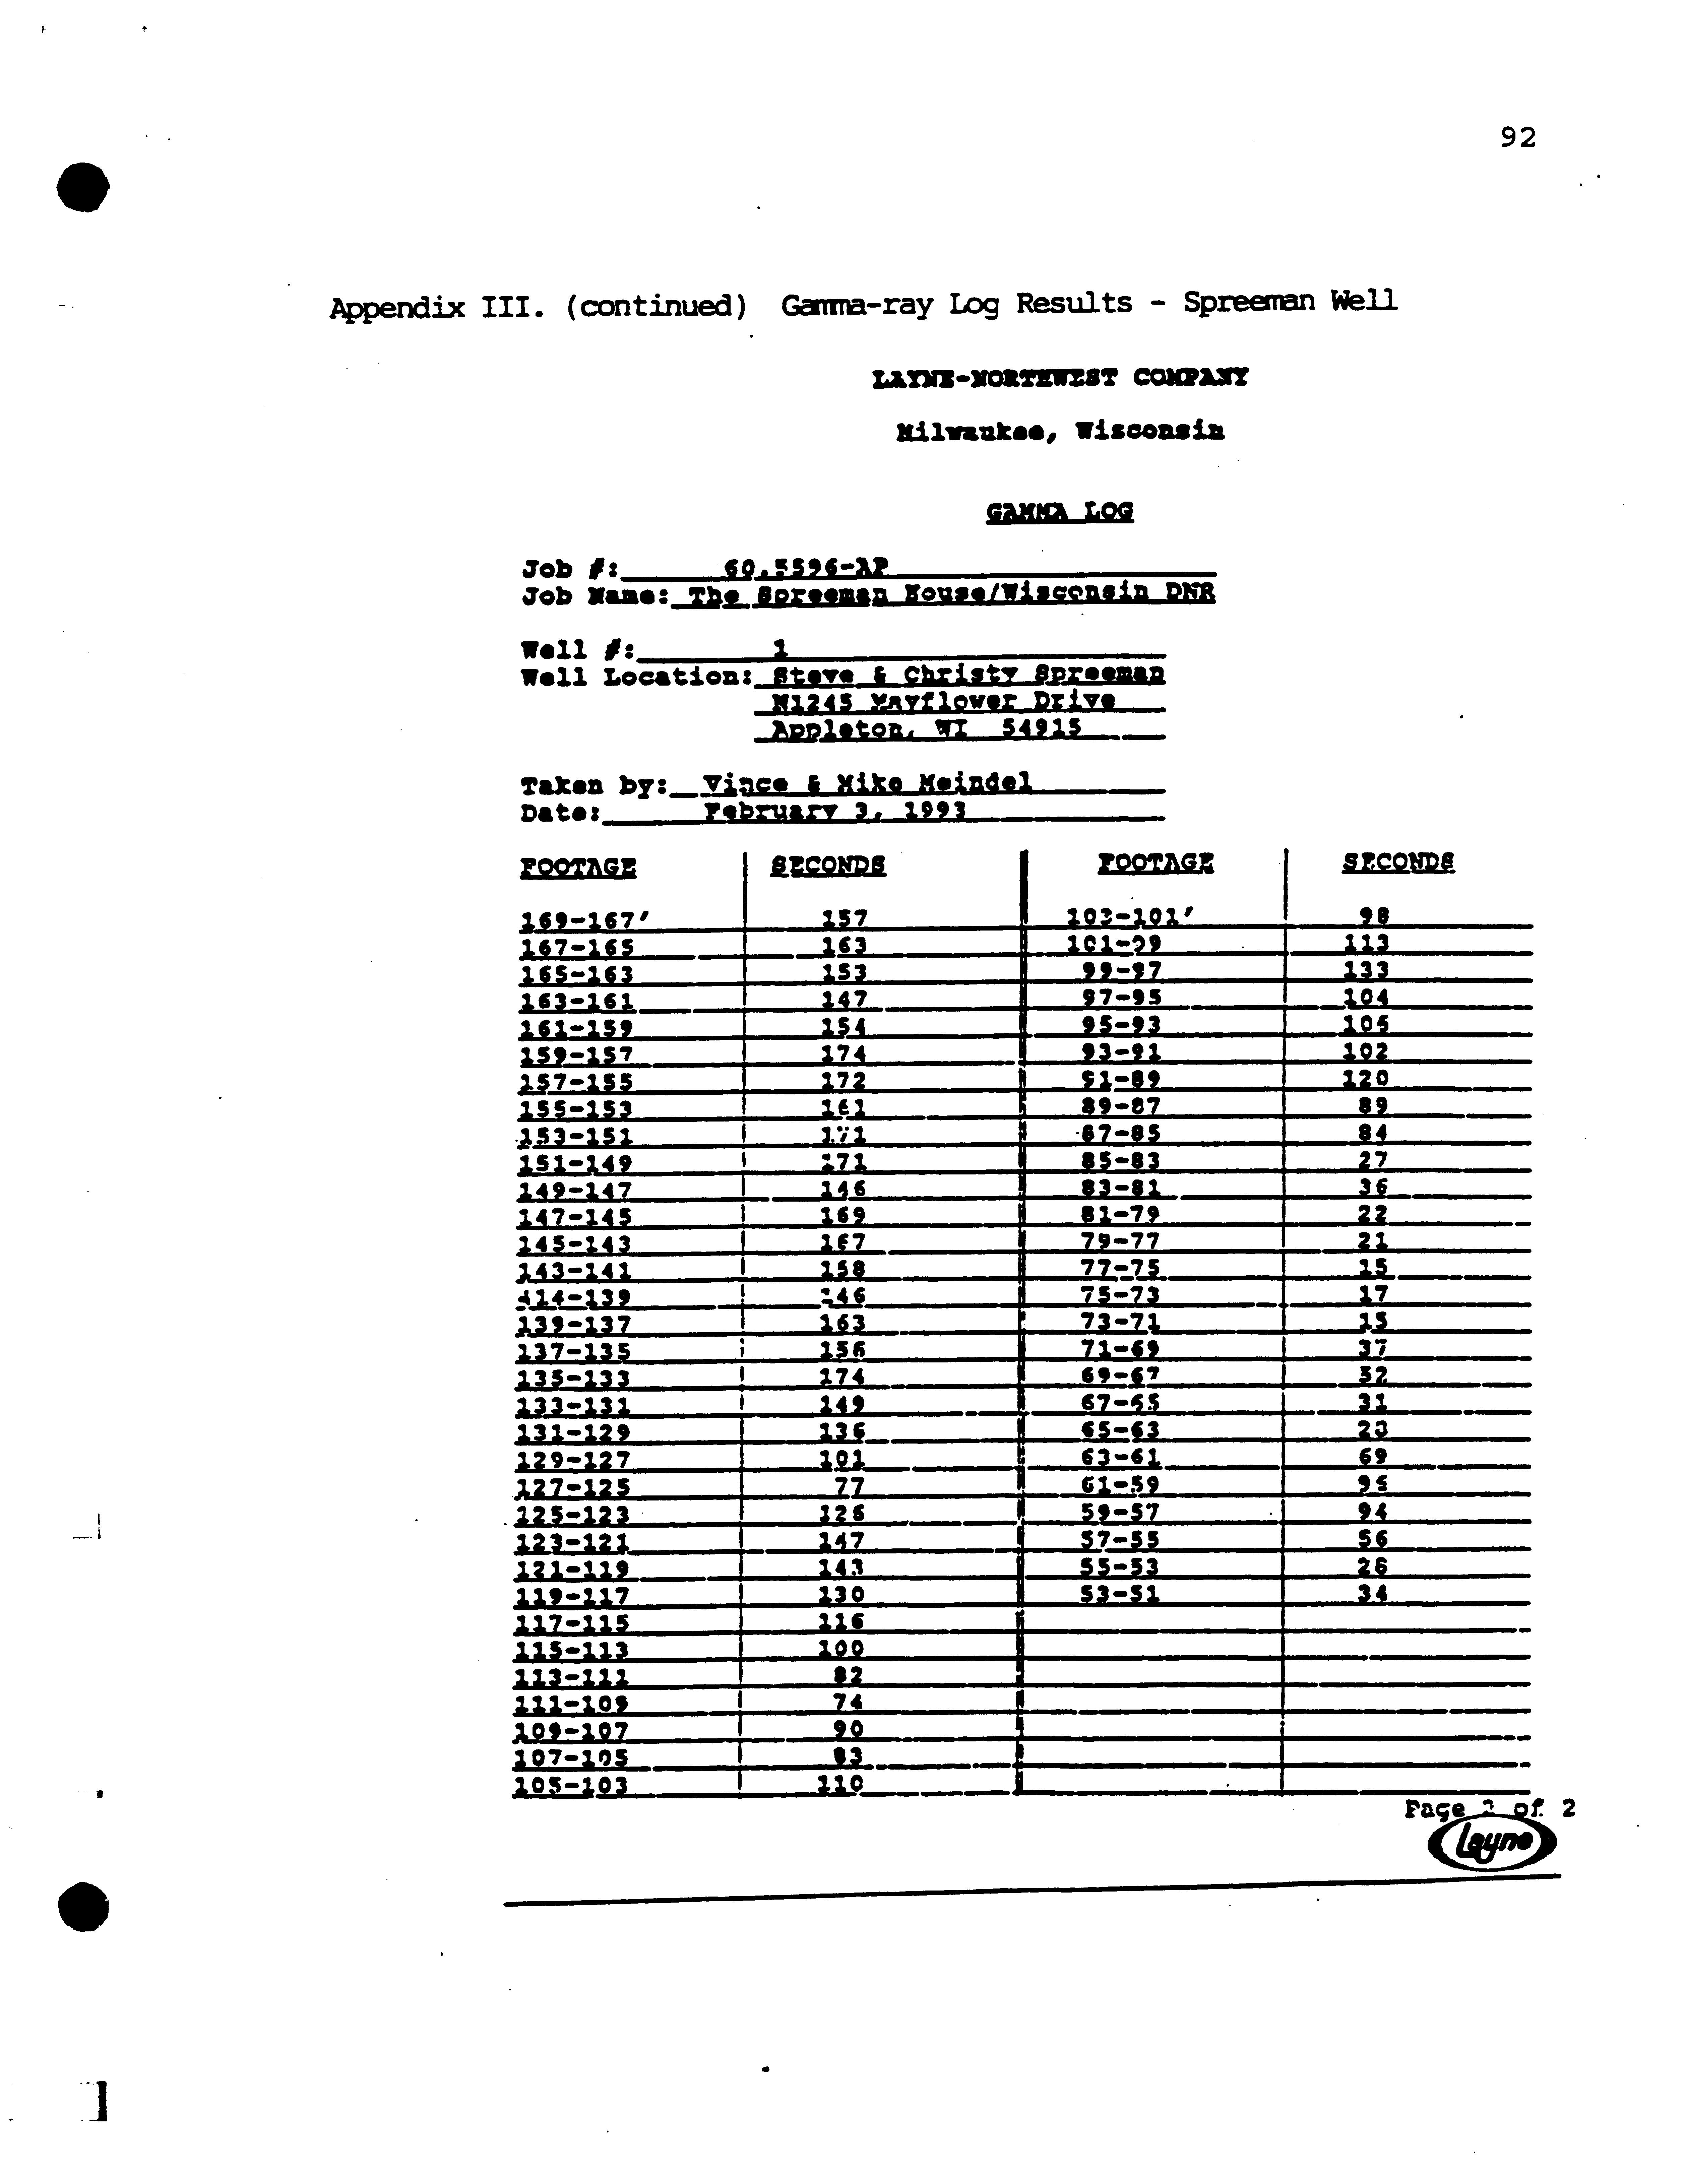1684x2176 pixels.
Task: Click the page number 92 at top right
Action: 1517,137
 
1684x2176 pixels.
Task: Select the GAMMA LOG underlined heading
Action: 1059,512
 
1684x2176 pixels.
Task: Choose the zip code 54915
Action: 1041,728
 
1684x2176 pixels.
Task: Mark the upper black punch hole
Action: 83,186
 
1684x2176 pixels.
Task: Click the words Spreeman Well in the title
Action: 1290,301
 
